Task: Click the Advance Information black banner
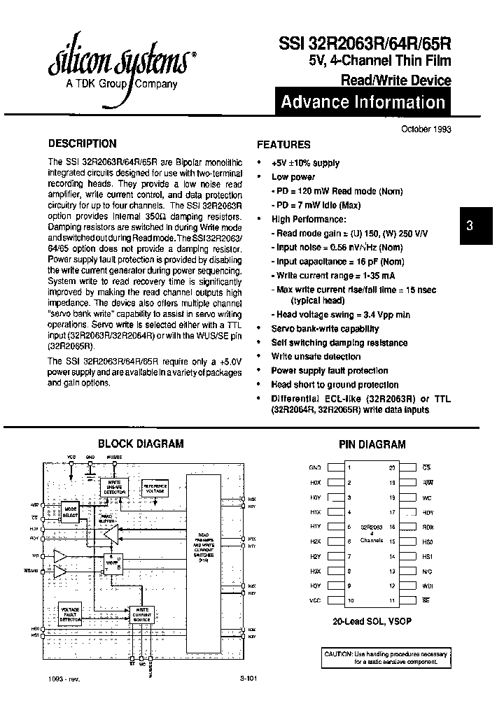(363, 102)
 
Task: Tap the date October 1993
(426, 129)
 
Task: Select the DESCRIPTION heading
(82, 144)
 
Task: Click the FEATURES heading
(283, 145)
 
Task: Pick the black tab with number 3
(470, 225)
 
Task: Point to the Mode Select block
(70, 511)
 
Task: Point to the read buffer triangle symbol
(108, 534)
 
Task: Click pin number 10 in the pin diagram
(349, 600)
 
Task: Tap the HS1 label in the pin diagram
(427, 556)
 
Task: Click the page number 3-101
(248, 678)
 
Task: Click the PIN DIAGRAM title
(372, 444)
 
